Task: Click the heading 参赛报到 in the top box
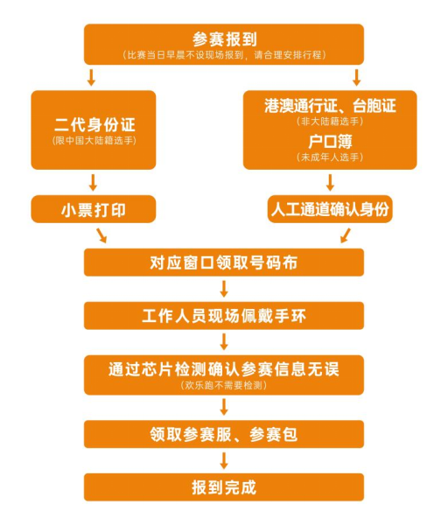click(224, 39)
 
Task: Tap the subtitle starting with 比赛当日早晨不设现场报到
click(224, 55)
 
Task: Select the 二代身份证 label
click(94, 124)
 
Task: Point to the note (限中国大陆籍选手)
click(94, 140)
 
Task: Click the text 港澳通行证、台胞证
click(330, 106)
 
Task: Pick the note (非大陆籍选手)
click(330, 122)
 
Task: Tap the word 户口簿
click(330, 142)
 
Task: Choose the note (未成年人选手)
click(330, 157)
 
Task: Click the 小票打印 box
click(94, 210)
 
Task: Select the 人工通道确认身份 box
click(330, 209)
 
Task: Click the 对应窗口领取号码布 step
click(224, 262)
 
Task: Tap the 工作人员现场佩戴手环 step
click(224, 316)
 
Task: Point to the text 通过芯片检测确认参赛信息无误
click(224, 369)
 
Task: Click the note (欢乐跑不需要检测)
click(224, 385)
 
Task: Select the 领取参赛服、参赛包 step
click(224, 434)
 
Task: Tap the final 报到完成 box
click(224, 487)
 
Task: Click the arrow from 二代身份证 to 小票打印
click(94, 183)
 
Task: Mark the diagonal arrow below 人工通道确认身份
click(346, 235)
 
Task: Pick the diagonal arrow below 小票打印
click(101, 235)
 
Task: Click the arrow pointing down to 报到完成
click(224, 461)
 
